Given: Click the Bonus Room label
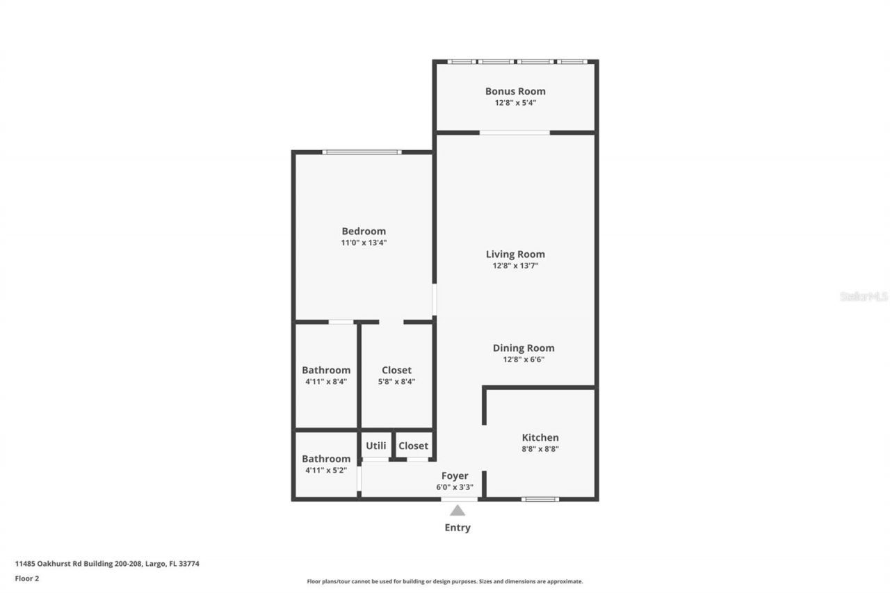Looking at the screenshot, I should [x=515, y=91].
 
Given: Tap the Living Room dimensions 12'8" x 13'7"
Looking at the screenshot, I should [x=515, y=266].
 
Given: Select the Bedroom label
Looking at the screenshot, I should [x=363, y=231].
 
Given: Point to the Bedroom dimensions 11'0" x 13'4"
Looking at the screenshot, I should [x=363, y=243].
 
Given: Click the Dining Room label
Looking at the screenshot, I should [x=524, y=348].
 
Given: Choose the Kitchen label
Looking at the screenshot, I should [x=540, y=437].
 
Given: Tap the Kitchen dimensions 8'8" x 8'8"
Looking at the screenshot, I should [x=540, y=449].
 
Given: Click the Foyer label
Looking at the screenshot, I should [x=455, y=476].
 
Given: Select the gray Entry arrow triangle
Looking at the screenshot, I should [x=458, y=510].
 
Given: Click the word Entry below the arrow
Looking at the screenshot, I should [x=458, y=528].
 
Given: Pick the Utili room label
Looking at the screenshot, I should [x=376, y=446].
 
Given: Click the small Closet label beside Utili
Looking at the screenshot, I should [x=413, y=446].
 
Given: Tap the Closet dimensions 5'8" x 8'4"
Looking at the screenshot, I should [x=396, y=382].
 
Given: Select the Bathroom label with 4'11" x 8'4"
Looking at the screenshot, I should [x=326, y=371].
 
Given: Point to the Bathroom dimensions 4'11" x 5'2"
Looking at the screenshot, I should [x=326, y=471].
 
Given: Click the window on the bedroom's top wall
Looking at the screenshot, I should [x=362, y=152].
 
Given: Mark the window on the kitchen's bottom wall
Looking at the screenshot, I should [x=540, y=498].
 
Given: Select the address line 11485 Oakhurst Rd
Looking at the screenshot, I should [x=107, y=564].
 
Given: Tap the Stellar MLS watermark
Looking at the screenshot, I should [x=864, y=296].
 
